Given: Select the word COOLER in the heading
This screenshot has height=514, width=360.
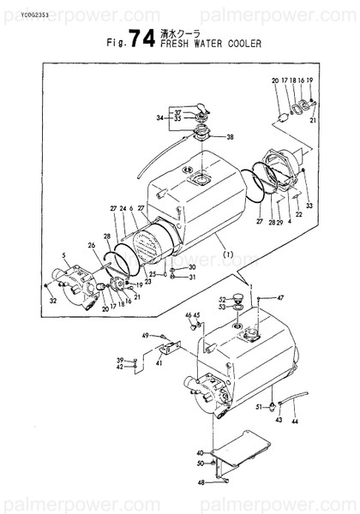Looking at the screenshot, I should pyautogui.click(x=243, y=45).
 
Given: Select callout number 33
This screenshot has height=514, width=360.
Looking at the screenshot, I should pyautogui.click(x=309, y=206).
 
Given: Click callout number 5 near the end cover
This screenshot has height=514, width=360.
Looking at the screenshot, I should pyautogui.click(x=63, y=255).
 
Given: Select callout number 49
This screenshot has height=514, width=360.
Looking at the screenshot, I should pyautogui.click(x=146, y=335).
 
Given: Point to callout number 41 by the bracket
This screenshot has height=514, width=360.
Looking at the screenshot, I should pyautogui.click(x=159, y=363).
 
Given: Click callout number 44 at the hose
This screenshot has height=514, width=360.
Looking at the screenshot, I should pyautogui.click(x=296, y=422).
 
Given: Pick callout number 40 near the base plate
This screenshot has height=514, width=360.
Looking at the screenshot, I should pyautogui.click(x=200, y=452).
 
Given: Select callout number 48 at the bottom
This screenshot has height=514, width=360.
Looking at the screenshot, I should pyautogui.click(x=200, y=482).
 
